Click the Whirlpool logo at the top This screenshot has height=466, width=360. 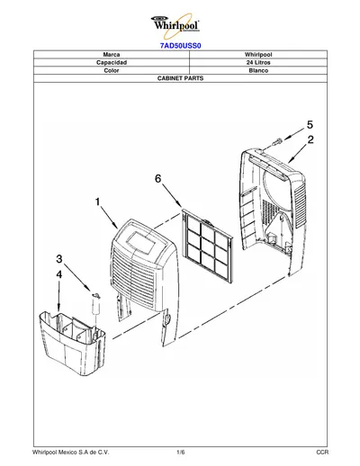pyautogui.click(x=176, y=23)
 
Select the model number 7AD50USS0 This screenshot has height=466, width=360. pyautogui.click(x=180, y=46)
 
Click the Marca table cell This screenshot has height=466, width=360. pyautogui.click(x=112, y=55)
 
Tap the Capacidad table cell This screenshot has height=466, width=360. pyautogui.click(x=112, y=62)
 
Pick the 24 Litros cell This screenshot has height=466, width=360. pyautogui.click(x=258, y=62)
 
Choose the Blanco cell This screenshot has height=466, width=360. pyautogui.click(x=258, y=70)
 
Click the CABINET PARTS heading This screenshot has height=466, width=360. pyautogui.click(x=180, y=78)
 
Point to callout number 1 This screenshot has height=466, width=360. pyautogui.click(x=97, y=202)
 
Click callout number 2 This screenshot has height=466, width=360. pyautogui.click(x=310, y=139)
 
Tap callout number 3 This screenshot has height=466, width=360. pyautogui.click(x=59, y=258)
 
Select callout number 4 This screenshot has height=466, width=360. pyautogui.click(x=59, y=273)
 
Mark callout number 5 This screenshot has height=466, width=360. pyautogui.click(x=310, y=124)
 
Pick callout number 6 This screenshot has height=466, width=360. pyautogui.click(x=157, y=179)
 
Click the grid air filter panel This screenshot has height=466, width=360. pyautogui.click(x=207, y=246)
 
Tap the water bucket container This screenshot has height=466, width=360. pyautogui.click(x=72, y=342)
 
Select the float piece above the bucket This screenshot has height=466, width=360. pyautogui.click(x=96, y=304)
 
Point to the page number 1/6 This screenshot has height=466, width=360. pyautogui.click(x=181, y=452)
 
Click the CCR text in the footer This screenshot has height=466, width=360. pyautogui.click(x=322, y=452)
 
